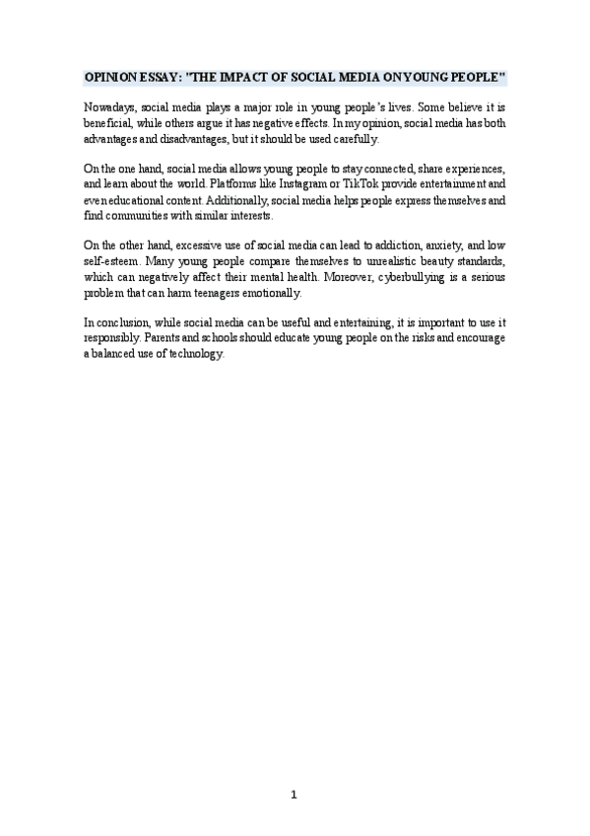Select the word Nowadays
(109, 106)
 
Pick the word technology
(195, 355)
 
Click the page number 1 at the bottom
(295, 796)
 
